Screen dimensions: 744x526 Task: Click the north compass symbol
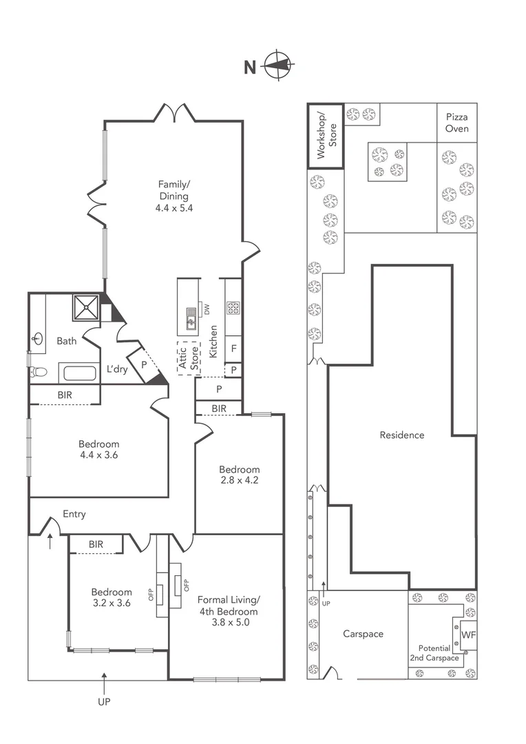280,66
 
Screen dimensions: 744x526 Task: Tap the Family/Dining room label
173,195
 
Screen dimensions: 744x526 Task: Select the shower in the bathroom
87,307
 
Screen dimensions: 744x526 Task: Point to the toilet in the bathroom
39,372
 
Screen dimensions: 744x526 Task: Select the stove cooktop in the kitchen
233,308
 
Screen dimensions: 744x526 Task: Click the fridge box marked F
234,349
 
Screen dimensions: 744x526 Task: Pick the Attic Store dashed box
188,358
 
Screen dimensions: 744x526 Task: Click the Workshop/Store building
325,135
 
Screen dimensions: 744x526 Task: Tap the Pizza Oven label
457,123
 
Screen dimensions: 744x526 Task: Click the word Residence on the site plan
402,435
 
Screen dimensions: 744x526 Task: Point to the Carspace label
363,634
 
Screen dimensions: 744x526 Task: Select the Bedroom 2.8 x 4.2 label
239,475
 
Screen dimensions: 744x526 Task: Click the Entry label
74,514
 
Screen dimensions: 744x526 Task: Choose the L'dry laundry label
116,369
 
